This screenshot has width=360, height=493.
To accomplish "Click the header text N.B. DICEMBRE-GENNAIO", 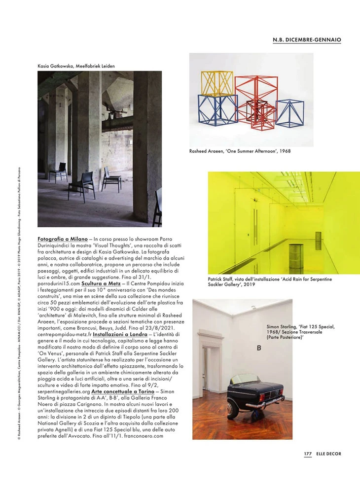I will [307, 39].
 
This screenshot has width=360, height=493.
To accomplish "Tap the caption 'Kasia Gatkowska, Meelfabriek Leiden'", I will [76, 66].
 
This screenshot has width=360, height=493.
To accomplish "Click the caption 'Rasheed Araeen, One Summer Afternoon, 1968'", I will [240, 151].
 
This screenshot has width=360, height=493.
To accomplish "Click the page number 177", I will [307, 454].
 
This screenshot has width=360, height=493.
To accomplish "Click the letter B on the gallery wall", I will [259, 349].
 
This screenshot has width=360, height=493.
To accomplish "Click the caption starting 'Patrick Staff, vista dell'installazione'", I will [269, 282].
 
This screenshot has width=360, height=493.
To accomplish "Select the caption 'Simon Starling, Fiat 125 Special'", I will [301, 334].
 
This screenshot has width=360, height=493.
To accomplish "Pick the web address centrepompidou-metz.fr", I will [64, 334].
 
